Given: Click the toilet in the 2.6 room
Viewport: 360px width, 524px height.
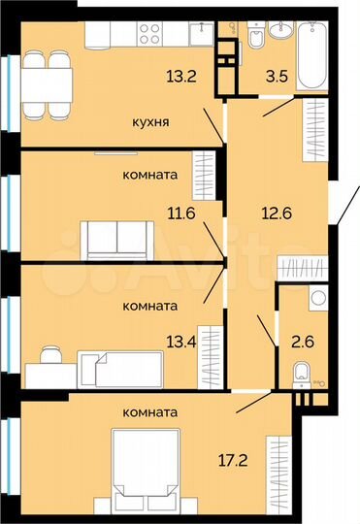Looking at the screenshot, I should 301,372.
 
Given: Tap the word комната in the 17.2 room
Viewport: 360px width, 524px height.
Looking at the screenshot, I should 150,412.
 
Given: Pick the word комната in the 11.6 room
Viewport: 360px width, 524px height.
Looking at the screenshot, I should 149,175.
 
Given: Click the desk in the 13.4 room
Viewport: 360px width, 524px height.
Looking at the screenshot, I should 47,369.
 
